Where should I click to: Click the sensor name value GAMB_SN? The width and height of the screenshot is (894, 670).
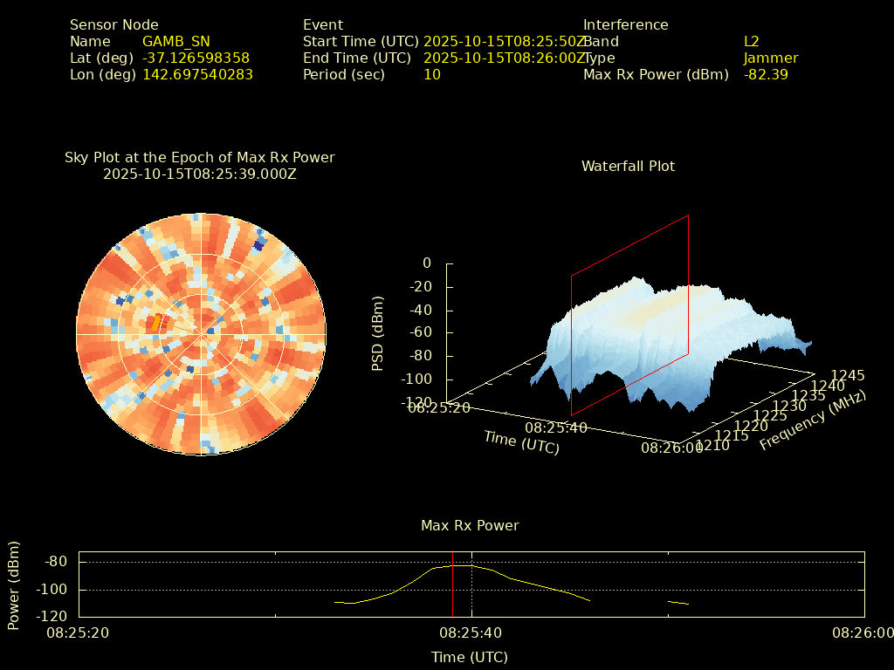click(x=176, y=41)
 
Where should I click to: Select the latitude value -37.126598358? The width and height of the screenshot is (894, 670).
click(x=196, y=58)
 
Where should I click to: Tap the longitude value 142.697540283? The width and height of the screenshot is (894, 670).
click(x=198, y=74)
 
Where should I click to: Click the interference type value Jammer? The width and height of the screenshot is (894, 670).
click(x=771, y=58)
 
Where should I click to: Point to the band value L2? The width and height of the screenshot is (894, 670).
click(x=752, y=41)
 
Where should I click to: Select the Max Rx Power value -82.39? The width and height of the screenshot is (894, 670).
click(x=767, y=74)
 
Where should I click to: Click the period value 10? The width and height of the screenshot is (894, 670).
click(x=432, y=74)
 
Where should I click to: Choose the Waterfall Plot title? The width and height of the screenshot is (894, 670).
click(x=629, y=166)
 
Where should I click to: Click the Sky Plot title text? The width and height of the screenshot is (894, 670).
click(x=200, y=157)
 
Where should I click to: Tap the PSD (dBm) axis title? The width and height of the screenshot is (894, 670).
click(x=378, y=333)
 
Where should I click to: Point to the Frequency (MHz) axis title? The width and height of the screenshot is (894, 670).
click(x=813, y=420)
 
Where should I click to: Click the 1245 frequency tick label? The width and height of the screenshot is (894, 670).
click(x=848, y=375)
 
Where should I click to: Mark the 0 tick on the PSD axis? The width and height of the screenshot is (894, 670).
click(x=426, y=263)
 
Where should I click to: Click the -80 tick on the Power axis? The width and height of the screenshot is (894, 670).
click(x=55, y=561)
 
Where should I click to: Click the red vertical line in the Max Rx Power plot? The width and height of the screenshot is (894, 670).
click(x=453, y=585)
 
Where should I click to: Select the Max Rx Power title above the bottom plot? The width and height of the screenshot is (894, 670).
click(x=470, y=525)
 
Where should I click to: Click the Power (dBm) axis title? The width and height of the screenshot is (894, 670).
click(x=14, y=585)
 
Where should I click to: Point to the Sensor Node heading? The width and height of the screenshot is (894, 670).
click(x=114, y=24)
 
